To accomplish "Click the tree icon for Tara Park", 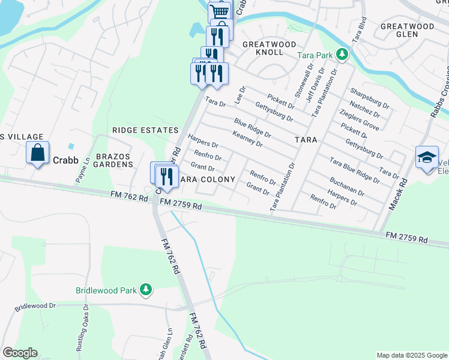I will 342,55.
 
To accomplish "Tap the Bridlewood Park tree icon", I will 145,290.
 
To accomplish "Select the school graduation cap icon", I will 427,157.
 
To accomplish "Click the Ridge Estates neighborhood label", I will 145,130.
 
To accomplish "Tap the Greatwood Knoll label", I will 269,49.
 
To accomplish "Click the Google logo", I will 20,353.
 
